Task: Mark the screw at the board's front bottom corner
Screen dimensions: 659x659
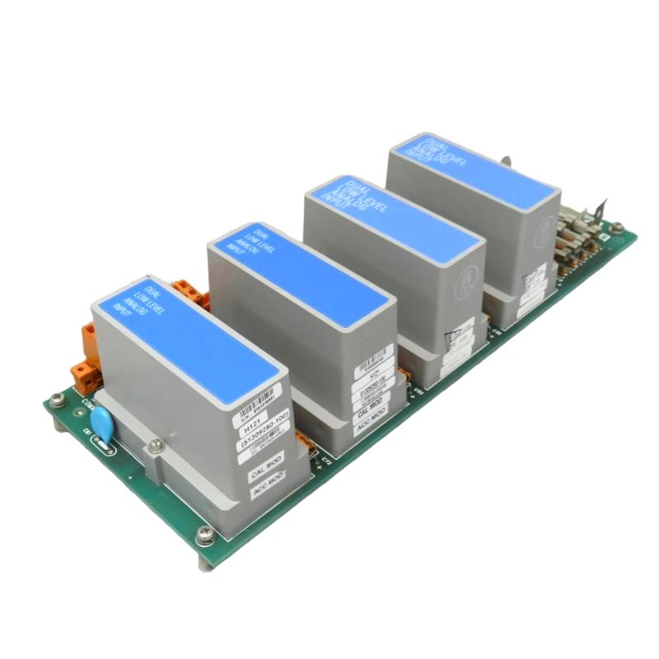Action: pos(203,535)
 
